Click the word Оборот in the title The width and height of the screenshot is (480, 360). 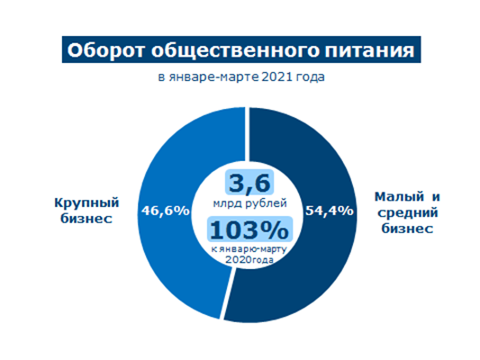pos(105,50)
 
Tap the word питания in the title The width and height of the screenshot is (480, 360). pos(369,50)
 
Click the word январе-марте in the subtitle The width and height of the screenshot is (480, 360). pos(213,77)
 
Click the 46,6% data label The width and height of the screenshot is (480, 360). pos(166,211)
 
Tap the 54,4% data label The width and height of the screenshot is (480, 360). pos(330,211)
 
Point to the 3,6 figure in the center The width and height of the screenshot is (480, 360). pos(249,183)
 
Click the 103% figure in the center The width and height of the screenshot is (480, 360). pos(249,229)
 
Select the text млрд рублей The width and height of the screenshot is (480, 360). pos(249,203)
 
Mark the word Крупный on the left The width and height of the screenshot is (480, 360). pos(86,203)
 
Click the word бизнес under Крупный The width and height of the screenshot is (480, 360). pos(86,219)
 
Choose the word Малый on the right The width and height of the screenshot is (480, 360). pos(399,197)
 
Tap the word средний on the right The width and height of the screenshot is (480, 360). pos(407,212)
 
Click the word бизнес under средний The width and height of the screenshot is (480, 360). pos(407,229)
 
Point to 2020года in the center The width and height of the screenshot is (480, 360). pos(249,260)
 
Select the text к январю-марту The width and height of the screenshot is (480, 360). pos(249,249)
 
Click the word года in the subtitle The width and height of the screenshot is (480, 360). pos(311,77)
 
